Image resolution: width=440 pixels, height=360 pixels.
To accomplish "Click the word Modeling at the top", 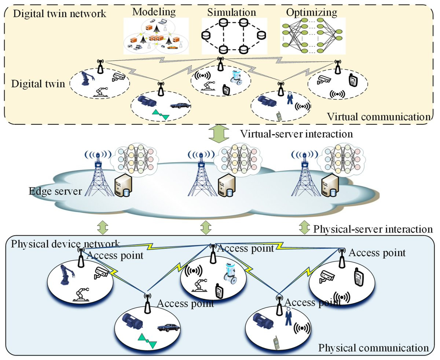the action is click(x=154, y=12).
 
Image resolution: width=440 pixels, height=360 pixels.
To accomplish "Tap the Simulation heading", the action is click(x=232, y=12).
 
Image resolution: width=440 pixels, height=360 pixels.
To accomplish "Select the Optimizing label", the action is click(x=312, y=12).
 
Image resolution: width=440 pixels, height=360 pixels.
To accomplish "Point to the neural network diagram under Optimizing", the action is click(x=312, y=36).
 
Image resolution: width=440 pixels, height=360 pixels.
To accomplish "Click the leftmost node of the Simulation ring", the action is click(x=206, y=36).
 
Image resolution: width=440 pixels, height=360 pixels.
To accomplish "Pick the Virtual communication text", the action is click(x=379, y=117).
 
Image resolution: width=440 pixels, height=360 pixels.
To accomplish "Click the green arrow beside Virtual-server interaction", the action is click(x=219, y=134).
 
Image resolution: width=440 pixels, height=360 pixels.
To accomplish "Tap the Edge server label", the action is click(x=55, y=191).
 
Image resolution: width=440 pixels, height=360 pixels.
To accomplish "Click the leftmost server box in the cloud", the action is click(x=124, y=186).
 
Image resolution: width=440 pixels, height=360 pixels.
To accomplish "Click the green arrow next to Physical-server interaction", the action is click(x=304, y=228).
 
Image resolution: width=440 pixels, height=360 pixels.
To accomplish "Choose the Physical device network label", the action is click(x=65, y=244).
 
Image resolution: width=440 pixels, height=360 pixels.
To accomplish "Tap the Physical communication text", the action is click(x=373, y=348).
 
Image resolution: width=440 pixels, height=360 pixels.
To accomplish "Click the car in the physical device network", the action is click(x=168, y=328).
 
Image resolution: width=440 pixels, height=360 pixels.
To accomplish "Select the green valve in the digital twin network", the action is click(x=161, y=114).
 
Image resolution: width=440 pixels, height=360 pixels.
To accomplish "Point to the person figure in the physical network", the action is click(x=288, y=317).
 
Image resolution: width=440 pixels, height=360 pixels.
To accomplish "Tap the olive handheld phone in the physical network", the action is click(x=277, y=342).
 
